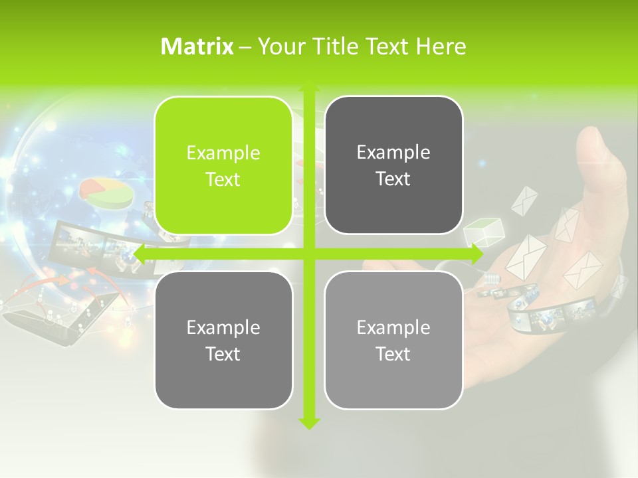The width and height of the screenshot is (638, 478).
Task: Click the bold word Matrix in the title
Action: coord(197,46)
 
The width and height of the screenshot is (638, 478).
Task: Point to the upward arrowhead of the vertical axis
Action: coord(308,86)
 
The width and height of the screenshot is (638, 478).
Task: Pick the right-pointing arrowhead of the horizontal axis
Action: coord(477,254)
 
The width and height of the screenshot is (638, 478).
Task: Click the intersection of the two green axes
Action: coord(308,254)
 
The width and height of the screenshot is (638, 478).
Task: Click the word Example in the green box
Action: coord(223,153)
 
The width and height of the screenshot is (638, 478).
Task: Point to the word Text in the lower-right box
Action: coord(393,354)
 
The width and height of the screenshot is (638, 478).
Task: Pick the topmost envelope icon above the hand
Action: coord(524,199)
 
